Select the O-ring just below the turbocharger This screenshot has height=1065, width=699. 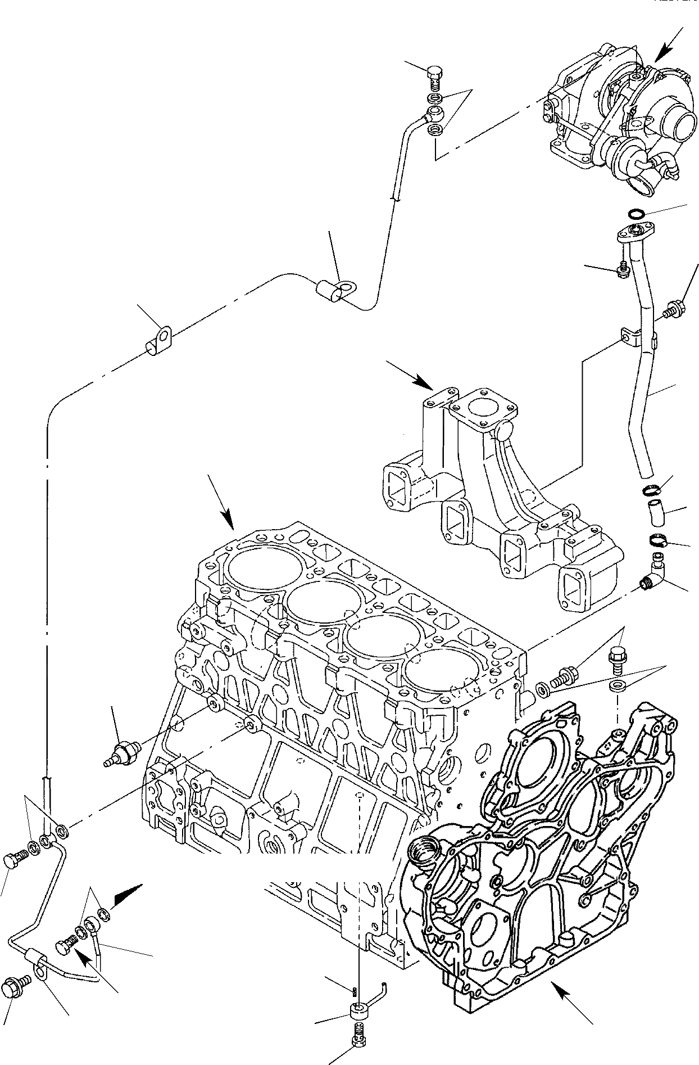click(635, 214)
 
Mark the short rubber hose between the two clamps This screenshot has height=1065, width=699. click(655, 512)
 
